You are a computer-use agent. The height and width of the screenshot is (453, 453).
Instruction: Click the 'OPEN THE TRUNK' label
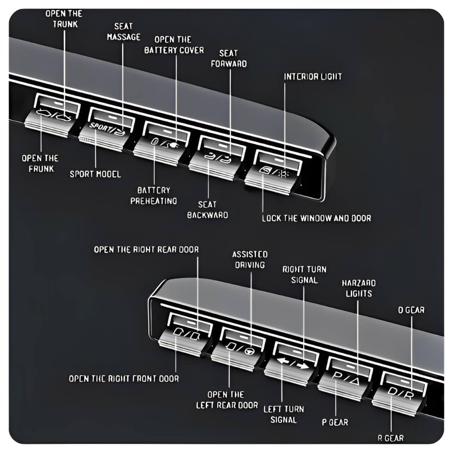[x=64, y=19]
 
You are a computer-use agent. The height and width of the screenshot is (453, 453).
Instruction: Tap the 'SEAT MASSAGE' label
[x=124, y=32]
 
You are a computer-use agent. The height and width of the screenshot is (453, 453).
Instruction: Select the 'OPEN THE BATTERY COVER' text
[x=174, y=45]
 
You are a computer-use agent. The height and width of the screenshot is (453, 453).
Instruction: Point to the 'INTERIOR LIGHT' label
[x=313, y=76]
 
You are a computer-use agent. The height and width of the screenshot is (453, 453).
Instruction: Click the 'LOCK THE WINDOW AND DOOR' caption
[x=316, y=218]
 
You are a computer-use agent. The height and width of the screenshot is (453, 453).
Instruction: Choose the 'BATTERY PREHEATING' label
[x=154, y=196]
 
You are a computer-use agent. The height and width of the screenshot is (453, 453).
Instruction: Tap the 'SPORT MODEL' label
[x=95, y=174]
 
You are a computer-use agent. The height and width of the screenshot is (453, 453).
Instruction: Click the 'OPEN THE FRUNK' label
[x=40, y=163]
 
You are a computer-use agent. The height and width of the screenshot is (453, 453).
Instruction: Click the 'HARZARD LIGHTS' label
[x=359, y=288]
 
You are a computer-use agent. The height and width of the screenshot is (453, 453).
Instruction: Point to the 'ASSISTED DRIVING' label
[x=250, y=259]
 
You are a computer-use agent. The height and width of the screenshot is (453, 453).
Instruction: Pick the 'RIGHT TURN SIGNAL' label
[x=304, y=275]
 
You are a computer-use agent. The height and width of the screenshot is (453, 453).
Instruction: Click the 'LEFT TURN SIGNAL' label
[x=283, y=414]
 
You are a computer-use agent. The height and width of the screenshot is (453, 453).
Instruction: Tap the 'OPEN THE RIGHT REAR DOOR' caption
[x=146, y=250]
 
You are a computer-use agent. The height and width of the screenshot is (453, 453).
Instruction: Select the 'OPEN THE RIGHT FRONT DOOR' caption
[x=124, y=378]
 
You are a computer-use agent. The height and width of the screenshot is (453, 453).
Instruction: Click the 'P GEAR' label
[x=335, y=422]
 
